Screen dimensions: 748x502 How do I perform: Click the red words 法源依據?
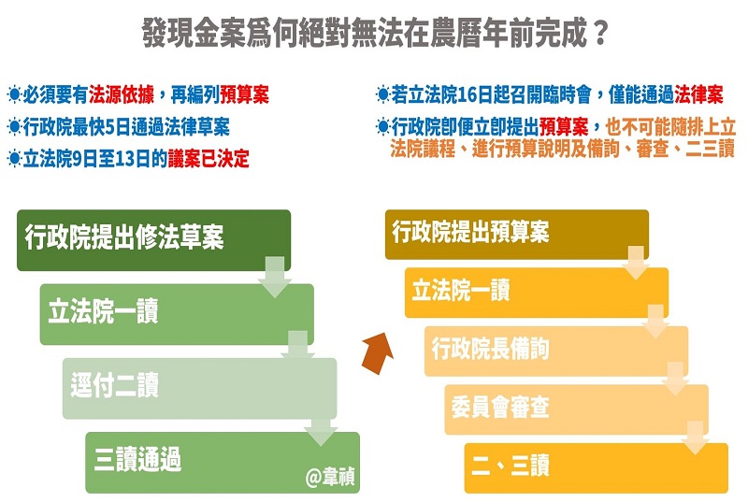[x=122, y=94]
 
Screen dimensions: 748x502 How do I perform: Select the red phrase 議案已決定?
[x=209, y=158]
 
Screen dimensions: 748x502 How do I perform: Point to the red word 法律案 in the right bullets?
[x=698, y=94]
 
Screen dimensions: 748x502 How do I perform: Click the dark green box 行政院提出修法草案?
[x=153, y=240]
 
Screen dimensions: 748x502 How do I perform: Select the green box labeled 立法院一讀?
[x=177, y=314]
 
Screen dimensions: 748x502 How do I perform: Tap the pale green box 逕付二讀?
[x=199, y=389]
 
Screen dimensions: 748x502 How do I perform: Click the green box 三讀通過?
[x=223, y=463]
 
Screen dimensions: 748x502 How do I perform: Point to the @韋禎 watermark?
[x=330, y=476]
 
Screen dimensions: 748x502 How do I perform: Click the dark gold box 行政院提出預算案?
[x=517, y=235]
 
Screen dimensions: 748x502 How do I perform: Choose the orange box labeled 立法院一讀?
[x=536, y=293]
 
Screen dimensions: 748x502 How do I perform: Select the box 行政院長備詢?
[x=556, y=351]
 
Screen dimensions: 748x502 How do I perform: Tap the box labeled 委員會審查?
[x=576, y=410]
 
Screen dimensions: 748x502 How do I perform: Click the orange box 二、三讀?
[x=597, y=468]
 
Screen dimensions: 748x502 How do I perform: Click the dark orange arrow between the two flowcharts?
[x=378, y=352]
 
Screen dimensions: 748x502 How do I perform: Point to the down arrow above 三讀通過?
[x=321, y=433]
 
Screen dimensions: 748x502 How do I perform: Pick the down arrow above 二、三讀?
[x=695, y=438]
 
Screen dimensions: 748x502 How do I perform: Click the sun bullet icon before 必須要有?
[x=14, y=94]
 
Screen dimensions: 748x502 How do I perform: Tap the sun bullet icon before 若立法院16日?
[x=382, y=94]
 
